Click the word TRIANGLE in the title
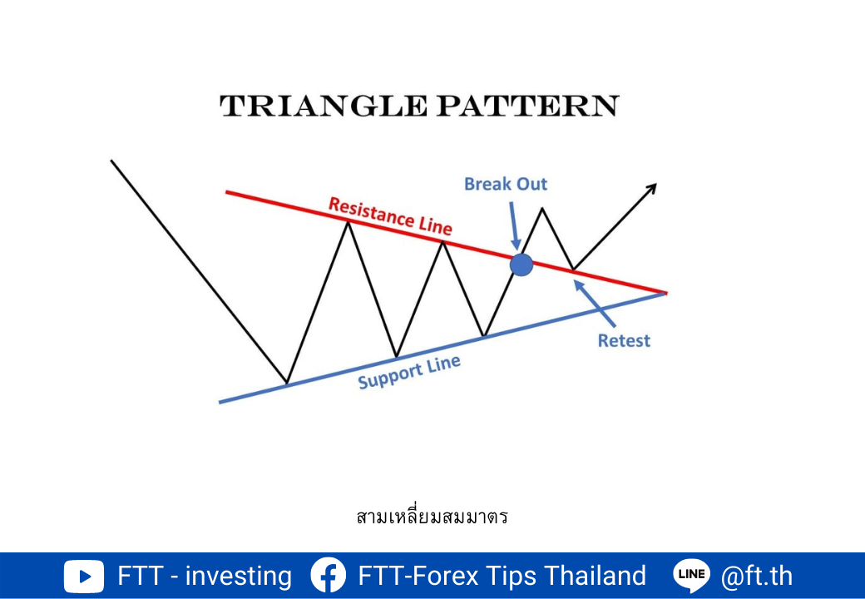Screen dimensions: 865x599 324,106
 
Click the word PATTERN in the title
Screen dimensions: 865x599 528,106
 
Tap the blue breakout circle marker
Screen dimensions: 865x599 521,265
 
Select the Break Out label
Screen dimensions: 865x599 506,184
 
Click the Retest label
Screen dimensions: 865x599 624,341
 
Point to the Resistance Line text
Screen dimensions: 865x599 390,215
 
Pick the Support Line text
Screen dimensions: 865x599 408,372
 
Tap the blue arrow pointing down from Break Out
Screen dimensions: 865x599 514,226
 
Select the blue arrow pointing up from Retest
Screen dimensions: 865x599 594,303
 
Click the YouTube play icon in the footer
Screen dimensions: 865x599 84,577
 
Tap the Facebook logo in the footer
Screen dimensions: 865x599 329,576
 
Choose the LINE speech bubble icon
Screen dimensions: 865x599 692,576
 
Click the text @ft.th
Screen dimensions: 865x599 757,576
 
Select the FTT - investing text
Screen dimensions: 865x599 205,576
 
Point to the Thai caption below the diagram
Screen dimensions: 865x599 432,517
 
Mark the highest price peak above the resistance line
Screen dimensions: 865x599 543,208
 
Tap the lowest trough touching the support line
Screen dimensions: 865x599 287,382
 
